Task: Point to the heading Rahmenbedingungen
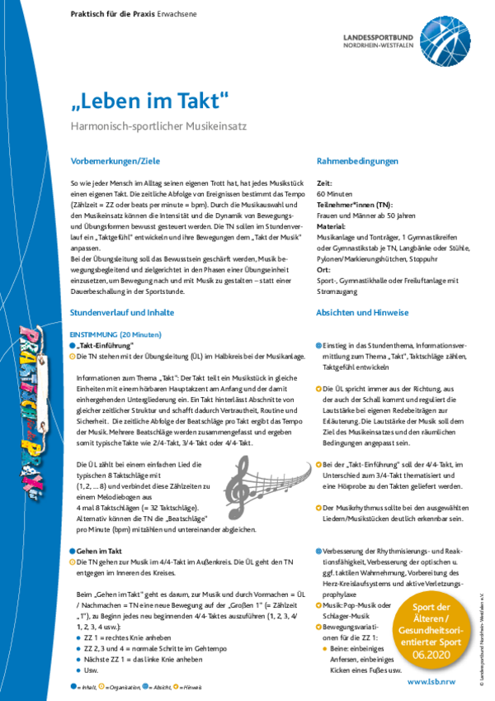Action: pos(357,161)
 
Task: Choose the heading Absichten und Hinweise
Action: pos(362,313)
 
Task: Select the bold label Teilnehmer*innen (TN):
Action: pos(355,203)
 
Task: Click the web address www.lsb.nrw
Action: pos(431,682)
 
